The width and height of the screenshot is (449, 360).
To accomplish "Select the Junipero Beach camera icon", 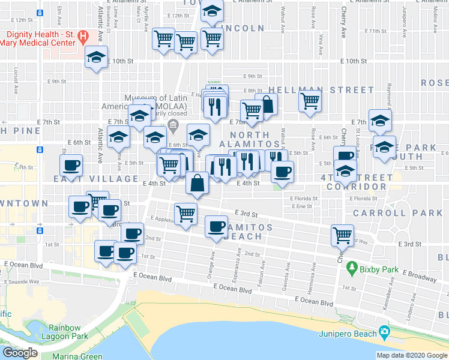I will click(x=385, y=333).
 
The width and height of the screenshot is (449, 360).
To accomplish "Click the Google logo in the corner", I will click(x=20, y=353).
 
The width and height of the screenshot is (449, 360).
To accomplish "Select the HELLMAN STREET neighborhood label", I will click(x=313, y=90).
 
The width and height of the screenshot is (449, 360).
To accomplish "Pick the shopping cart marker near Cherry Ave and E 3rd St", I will click(x=343, y=235).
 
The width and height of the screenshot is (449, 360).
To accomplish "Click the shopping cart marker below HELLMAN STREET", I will click(x=310, y=100).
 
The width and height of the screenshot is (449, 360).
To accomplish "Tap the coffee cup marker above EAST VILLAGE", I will click(x=71, y=165).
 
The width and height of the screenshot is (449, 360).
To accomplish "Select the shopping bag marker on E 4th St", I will click(x=197, y=182).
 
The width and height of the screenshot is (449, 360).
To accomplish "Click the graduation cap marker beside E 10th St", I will click(x=95, y=58).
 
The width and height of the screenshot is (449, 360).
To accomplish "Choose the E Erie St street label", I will click(x=301, y=206).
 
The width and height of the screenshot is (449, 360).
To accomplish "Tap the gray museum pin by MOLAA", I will click(x=173, y=125).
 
